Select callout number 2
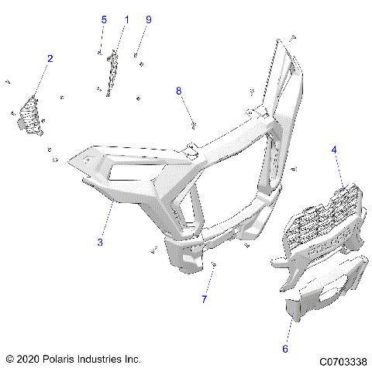tap(50, 58)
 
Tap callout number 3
tap(100, 243)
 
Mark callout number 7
tap(205, 299)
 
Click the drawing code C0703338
tap(341, 360)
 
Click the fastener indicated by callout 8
tap(193, 124)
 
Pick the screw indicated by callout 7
tap(213, 266)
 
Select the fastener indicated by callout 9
tap(136, 55)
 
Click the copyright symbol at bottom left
tap(9, 360)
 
